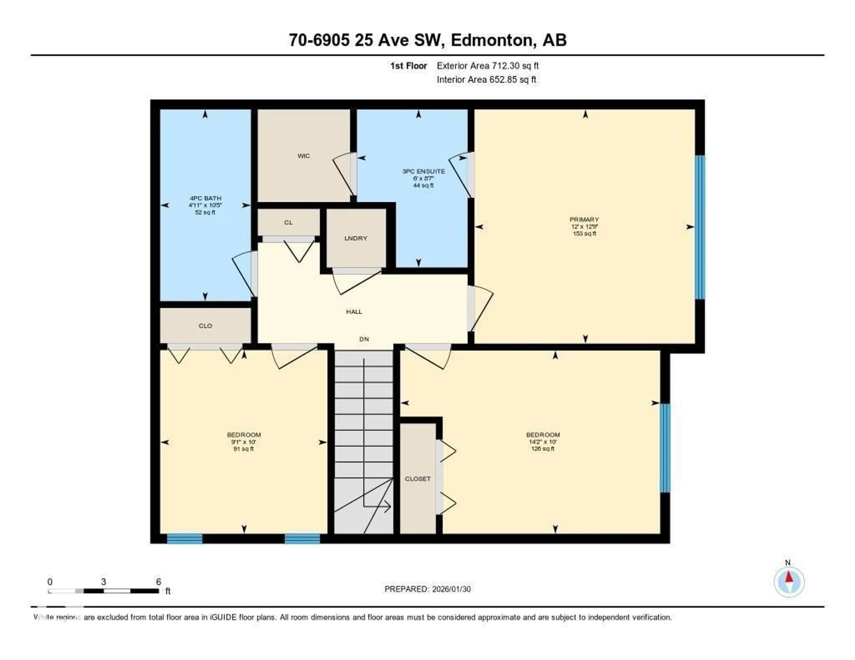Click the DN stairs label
click(x=364, y=339)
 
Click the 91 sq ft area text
click(x=244, y=449)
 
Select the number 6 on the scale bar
click(x=159, y=582)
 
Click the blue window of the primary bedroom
click(x=700, y=227)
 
